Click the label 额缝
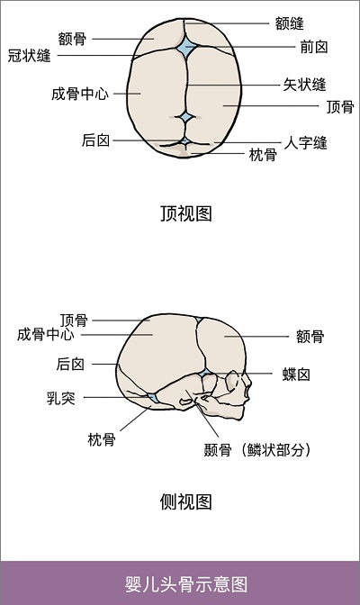290,23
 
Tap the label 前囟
314,47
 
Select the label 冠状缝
30,55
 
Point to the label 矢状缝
305,85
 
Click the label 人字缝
306,143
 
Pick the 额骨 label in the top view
72,39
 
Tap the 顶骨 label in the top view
340,107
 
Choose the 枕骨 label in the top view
263,155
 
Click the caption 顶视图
186,213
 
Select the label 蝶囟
296,375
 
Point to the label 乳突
61,398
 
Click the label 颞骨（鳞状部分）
257,450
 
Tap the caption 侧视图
186,502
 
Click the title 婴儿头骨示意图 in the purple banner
186,584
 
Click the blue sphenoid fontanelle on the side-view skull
206,373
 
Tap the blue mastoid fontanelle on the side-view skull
153,397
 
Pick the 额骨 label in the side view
310,337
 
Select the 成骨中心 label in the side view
46,334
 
